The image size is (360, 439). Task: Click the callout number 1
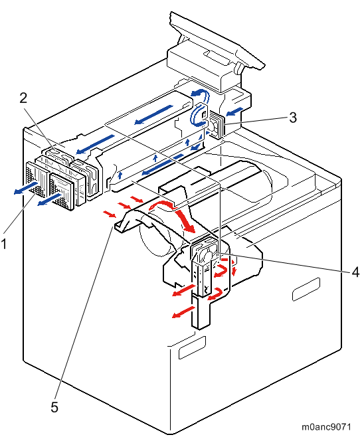tap(3, 244)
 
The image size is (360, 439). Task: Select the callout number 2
tap(23, 98)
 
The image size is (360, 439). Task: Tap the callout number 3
tap(293, 118)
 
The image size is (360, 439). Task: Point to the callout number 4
tap(355, 272)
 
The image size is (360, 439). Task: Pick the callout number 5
tap(54, 407)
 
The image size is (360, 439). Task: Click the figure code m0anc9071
tap(326, 426)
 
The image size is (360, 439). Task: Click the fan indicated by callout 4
tap(205, 250)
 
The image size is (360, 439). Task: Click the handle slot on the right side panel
tap(306, 289)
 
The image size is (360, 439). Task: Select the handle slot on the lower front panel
tap(192, 347)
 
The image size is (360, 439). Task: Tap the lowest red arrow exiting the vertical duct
tap(183, 312)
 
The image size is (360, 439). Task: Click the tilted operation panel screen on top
tap(217, 39)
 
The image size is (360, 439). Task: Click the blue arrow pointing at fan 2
tap(95, 144)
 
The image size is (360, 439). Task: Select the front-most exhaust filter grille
tap(62, 191)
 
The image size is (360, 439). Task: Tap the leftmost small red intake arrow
tap(109, 214)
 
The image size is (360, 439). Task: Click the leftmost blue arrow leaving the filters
tap(26, 187)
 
